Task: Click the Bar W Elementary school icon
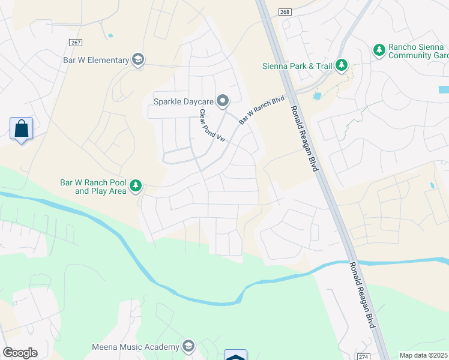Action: coord(139,59)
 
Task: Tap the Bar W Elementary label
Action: coord(96,60)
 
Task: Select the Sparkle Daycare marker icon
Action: coord(223,101)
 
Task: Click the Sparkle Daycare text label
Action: coord(183,101)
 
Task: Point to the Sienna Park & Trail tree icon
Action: coord(342,65)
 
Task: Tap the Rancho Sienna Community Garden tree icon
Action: coord(379,50)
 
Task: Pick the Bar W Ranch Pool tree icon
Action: coord(136,186)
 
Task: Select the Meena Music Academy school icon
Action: coord(188,346)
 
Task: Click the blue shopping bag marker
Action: coord(22,129)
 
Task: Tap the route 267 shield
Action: coord(76,43)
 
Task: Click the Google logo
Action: coord(20,353)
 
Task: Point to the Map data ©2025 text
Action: coord(424,355)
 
